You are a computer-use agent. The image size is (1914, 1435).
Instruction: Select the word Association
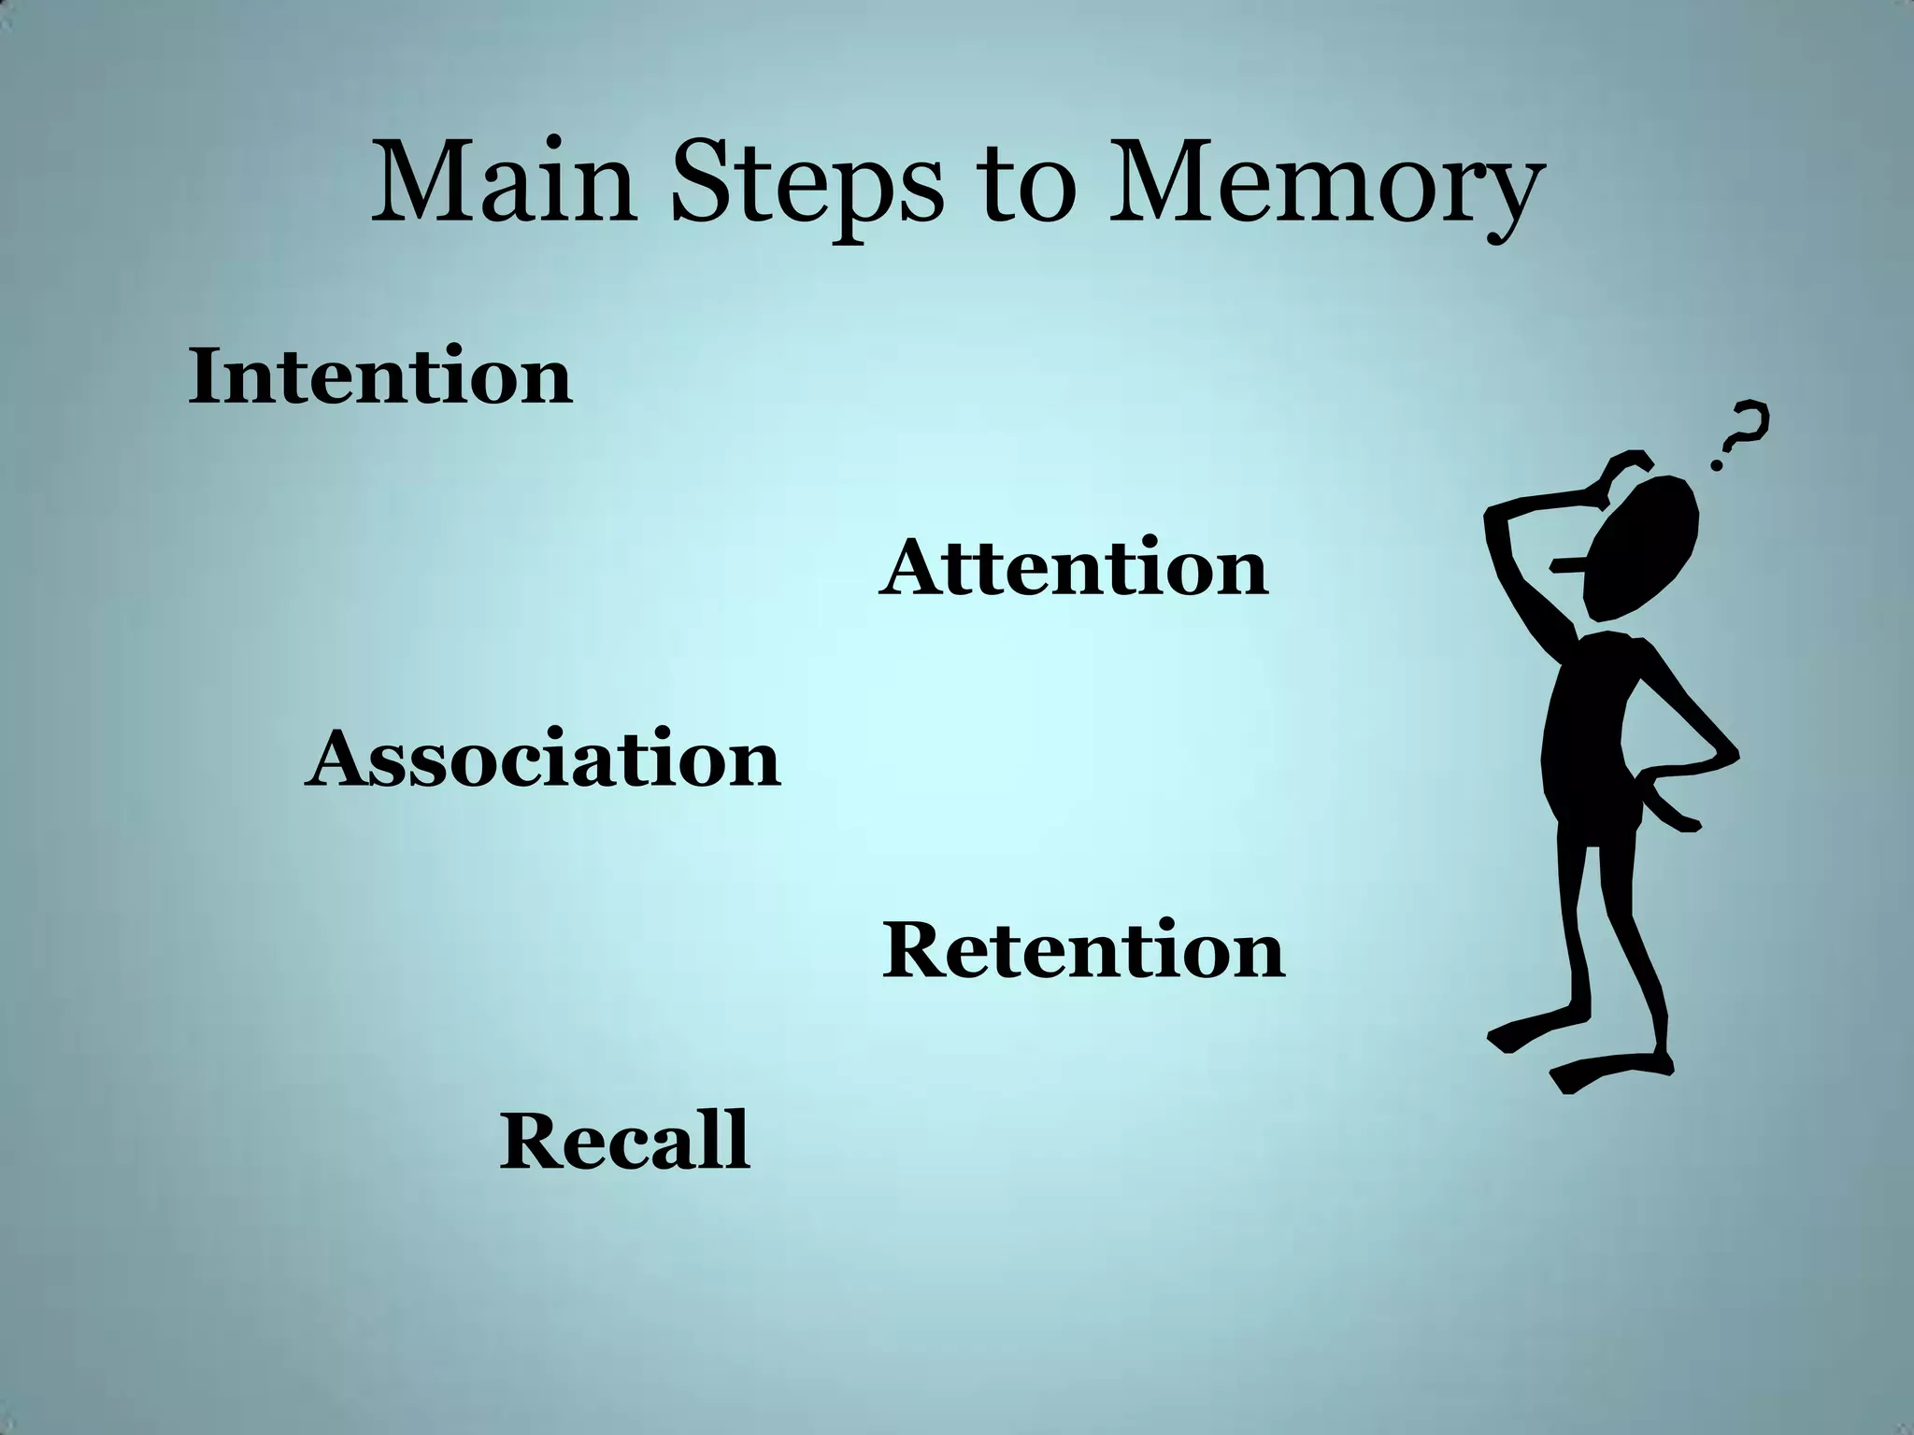coord(542,760)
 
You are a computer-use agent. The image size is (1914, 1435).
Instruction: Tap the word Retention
coord(1083,951)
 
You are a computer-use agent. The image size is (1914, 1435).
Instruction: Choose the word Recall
coord(624,1141)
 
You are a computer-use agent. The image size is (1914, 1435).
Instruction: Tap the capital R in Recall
coord(531,1141)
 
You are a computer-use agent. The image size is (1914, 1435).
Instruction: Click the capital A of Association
coord(341,760)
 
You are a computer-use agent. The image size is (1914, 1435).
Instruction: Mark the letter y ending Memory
coord(1507,201)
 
